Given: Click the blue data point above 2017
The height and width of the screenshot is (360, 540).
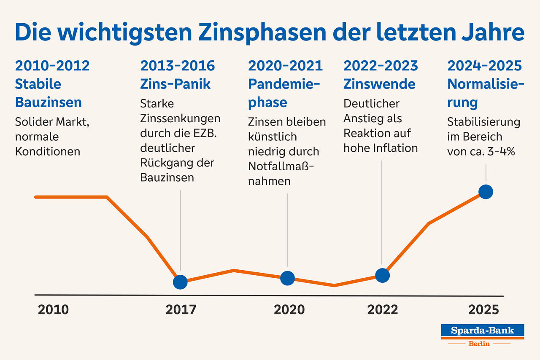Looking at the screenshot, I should click(180, 282).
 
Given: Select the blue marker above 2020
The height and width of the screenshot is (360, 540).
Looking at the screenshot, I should click(287, 278).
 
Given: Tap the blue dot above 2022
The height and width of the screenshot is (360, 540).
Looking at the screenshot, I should click(382, 275).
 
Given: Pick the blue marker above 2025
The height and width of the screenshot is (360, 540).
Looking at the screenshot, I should click(486, 192).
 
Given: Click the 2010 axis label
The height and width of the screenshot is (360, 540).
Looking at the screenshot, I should click(53, 310).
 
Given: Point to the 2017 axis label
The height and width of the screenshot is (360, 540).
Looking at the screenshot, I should click(181, 310).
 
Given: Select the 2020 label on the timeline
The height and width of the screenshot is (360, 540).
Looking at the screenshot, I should click(289, 310).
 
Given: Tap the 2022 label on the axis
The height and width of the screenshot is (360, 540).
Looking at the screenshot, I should click(382, 310).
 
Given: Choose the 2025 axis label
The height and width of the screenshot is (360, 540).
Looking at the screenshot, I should click(483, 310).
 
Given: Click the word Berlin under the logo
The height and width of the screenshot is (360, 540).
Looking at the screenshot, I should click(479, 344).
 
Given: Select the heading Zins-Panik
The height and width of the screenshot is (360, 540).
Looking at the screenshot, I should click(175, 84).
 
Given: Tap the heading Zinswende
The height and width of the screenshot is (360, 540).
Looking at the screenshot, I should click(379, 84).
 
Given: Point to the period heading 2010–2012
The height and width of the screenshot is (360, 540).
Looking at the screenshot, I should click(52, 66).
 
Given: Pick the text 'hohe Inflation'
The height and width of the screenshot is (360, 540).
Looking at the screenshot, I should click(381, 148).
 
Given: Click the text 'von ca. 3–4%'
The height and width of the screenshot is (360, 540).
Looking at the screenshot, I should click(481, 151).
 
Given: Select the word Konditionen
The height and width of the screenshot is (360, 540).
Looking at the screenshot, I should click(48, 151).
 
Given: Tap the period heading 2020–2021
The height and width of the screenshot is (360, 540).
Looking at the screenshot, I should click(285, 66).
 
